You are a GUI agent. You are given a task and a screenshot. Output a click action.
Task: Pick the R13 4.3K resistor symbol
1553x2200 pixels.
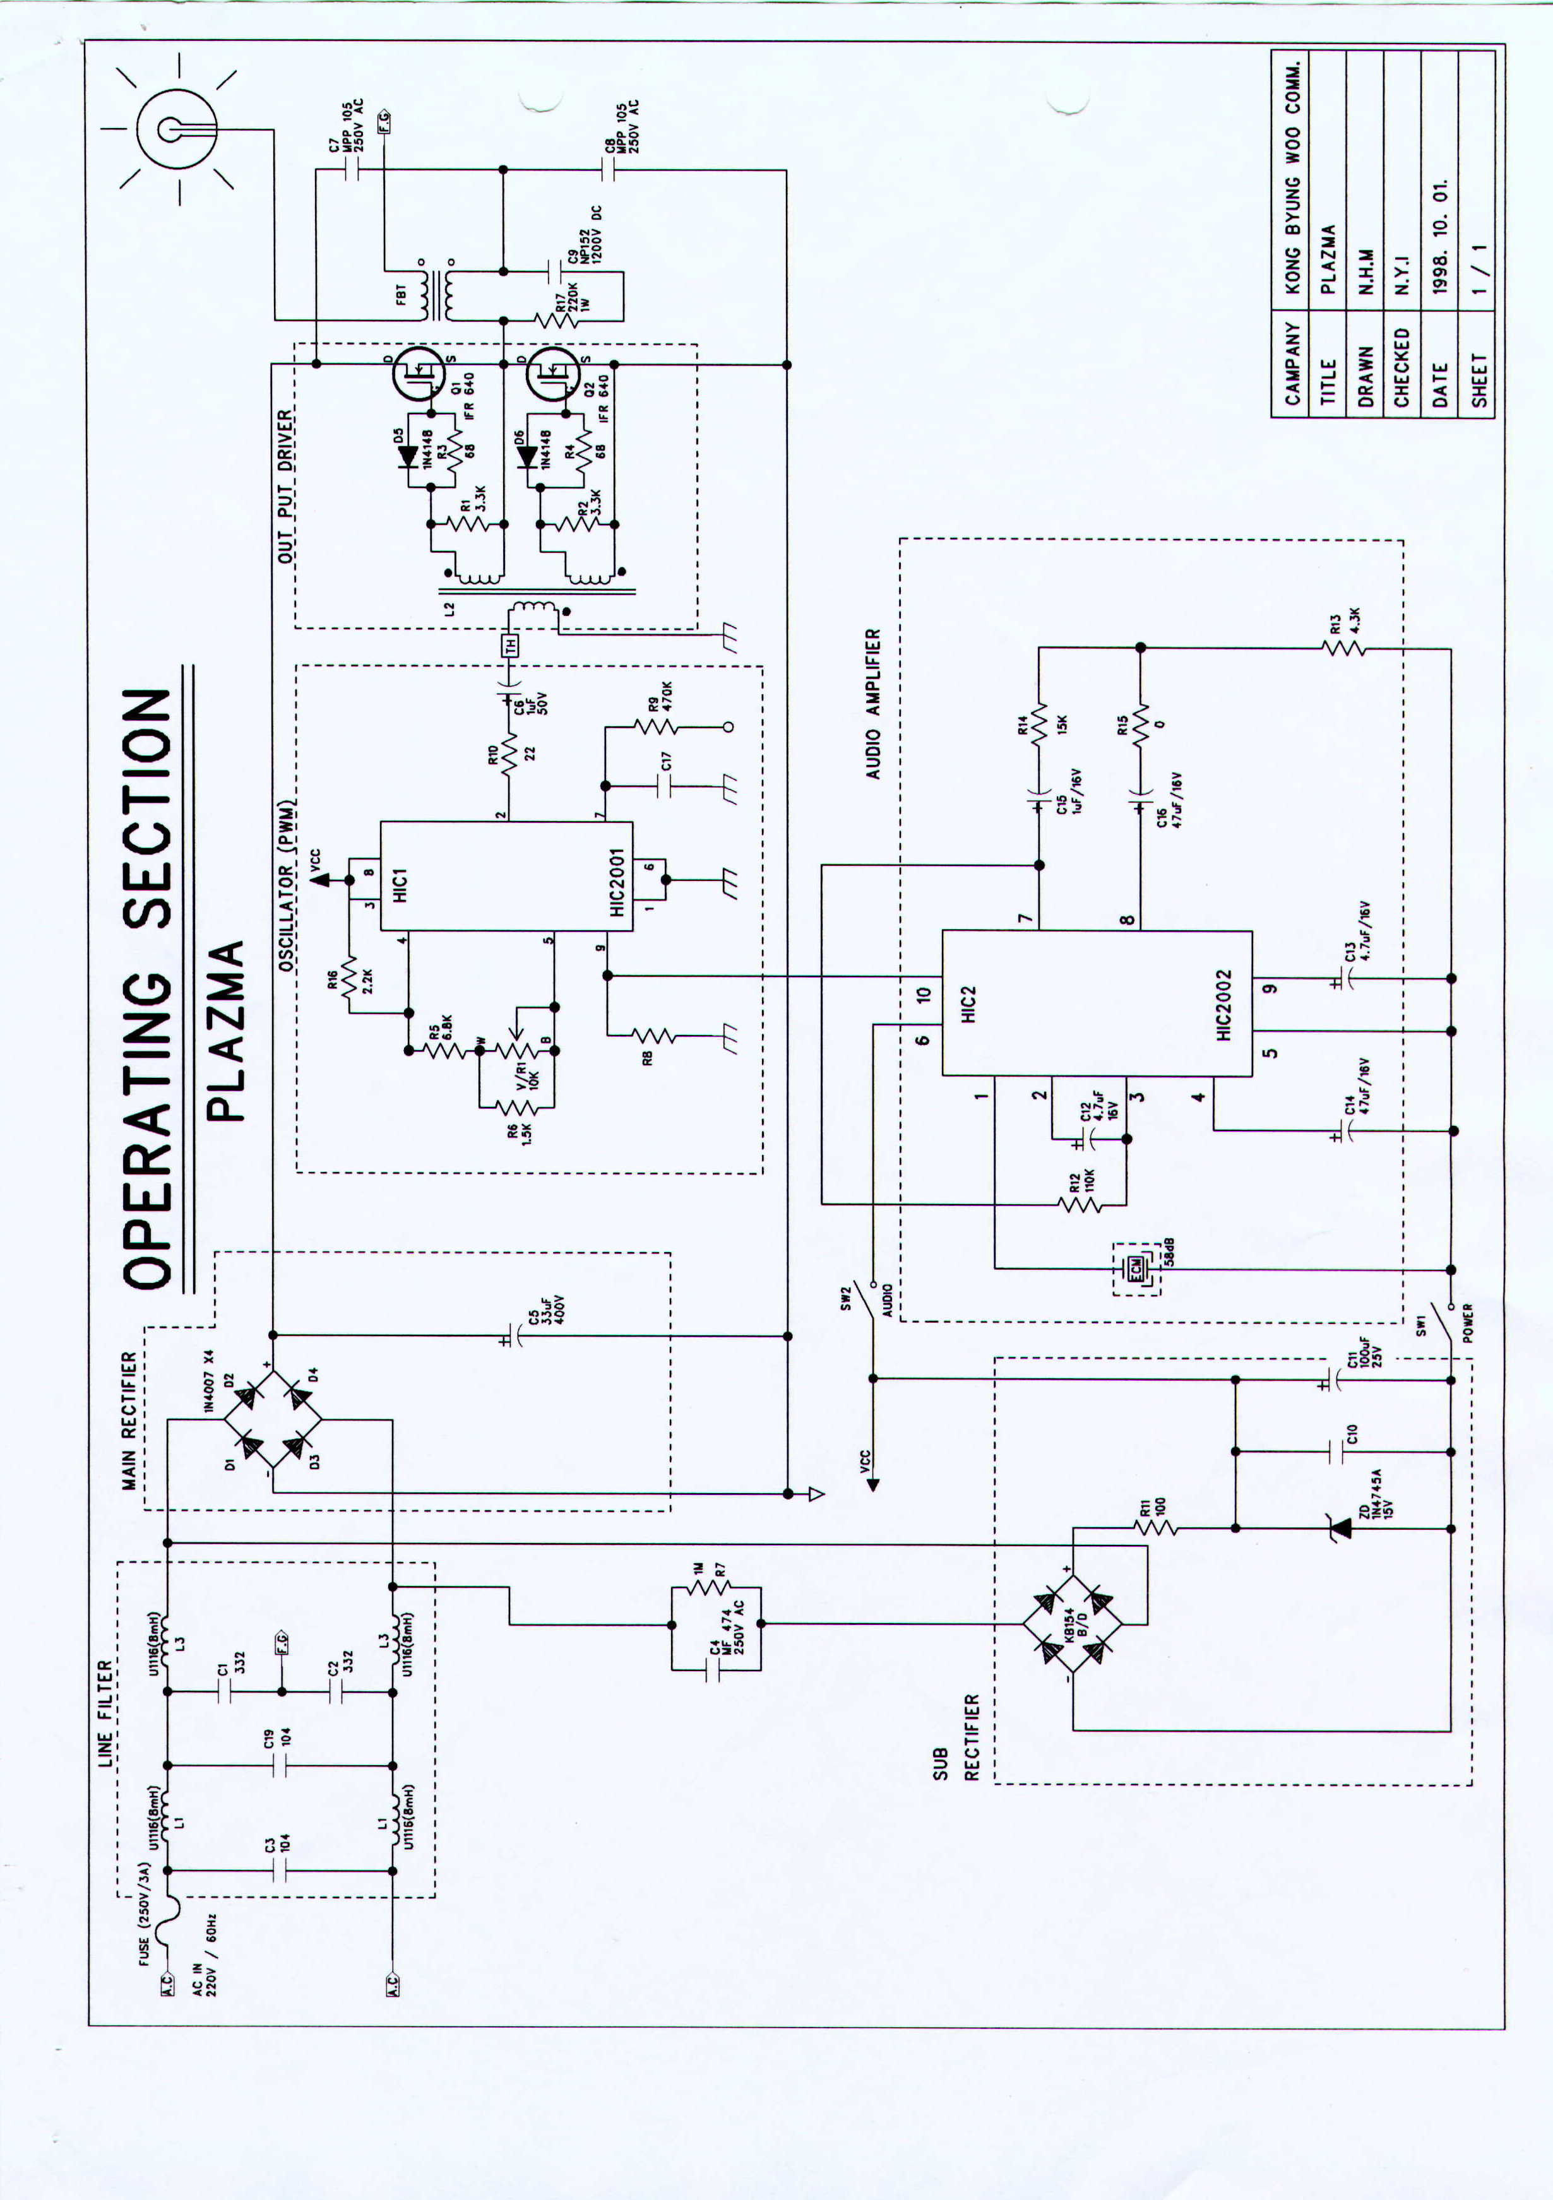pyautogui.click(x=1342, y=649)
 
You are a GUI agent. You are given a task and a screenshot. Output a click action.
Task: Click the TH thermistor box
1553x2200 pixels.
pyautogui.click(x=511, y=645)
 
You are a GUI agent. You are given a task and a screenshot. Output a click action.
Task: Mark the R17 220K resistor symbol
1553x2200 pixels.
pyautogui.click(x=557, y=320)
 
